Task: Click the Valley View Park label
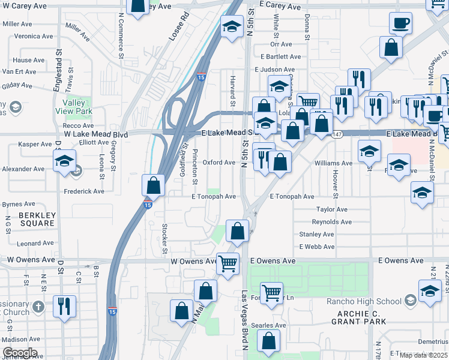[76, 107]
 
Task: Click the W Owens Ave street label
[193, 261]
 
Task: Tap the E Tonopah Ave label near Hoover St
[292, 196]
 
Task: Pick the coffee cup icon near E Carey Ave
[400, 24]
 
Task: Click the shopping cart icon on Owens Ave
[228, 263]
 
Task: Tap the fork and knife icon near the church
[64, 305]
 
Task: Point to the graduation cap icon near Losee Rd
[232, 27]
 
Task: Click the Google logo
[19, 353]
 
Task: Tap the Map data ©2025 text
[423, 355]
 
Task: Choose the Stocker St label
[164, 238]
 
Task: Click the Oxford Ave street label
[218, 163]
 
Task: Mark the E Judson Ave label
[273, 69]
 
